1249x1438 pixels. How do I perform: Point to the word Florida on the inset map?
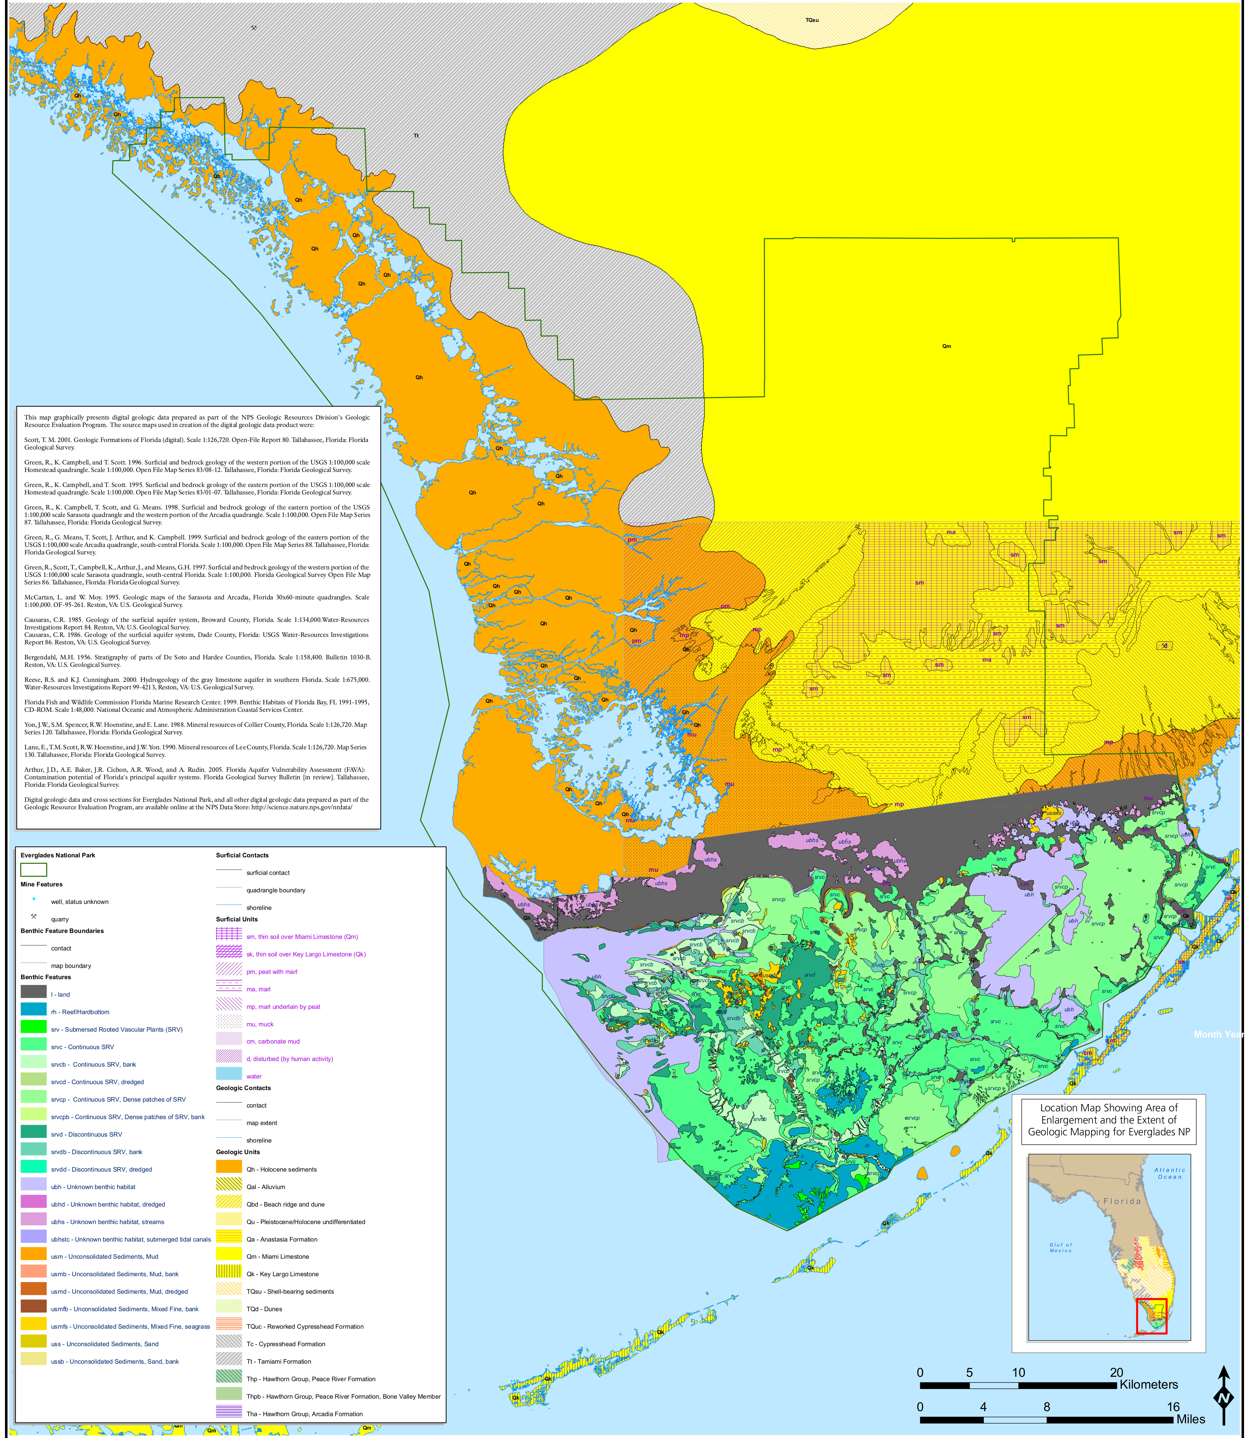point(1122,1201)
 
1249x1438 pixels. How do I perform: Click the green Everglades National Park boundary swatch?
point(33,869)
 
